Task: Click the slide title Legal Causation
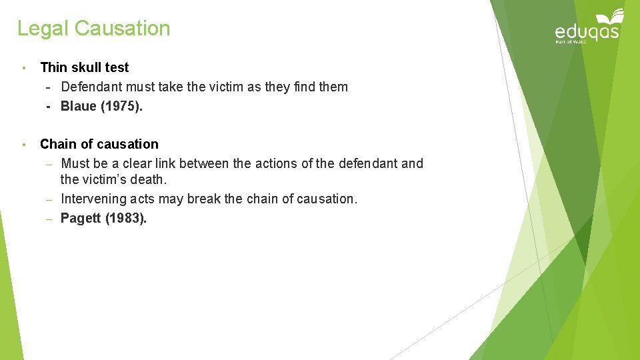(94, 29)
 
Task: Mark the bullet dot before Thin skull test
(23, 68)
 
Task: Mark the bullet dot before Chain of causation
(23, 145)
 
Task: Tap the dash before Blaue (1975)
(49, 107)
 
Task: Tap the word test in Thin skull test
(117, 67)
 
